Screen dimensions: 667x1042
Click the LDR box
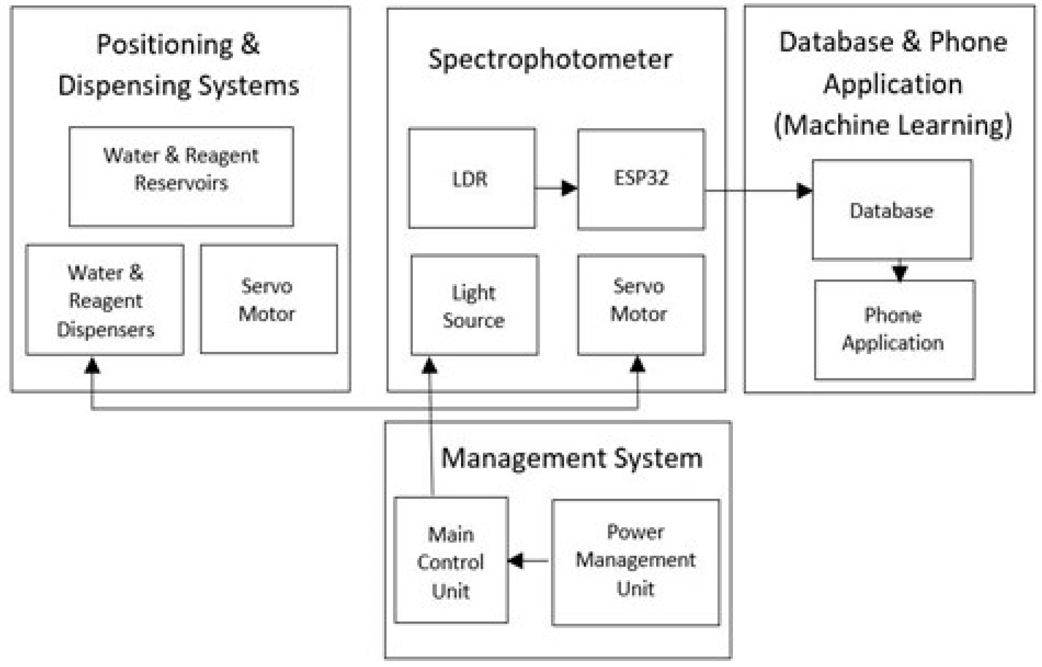click(x=472, y=178)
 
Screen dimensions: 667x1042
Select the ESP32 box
click(x=640, y=178)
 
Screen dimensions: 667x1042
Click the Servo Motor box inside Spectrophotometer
click(x=640, y=304)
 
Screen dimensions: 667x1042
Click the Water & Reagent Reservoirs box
click(x=181, y=177)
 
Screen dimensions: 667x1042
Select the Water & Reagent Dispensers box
click(x=105, y=300)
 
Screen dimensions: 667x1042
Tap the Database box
click(x=891, y=210)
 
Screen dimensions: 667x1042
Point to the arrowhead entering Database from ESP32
click(x=804, y=190)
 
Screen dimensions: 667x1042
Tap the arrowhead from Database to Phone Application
click(x=900, y=273)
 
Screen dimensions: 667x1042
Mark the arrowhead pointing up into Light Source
click(x=429, y=365)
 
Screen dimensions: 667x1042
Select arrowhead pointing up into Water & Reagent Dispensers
click(x=92, y=366)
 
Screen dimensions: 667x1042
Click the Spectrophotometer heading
click(x=550, y=60)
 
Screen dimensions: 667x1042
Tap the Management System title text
click(x=571, y=458)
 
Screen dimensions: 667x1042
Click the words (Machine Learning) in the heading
click(x=893, y=126)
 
